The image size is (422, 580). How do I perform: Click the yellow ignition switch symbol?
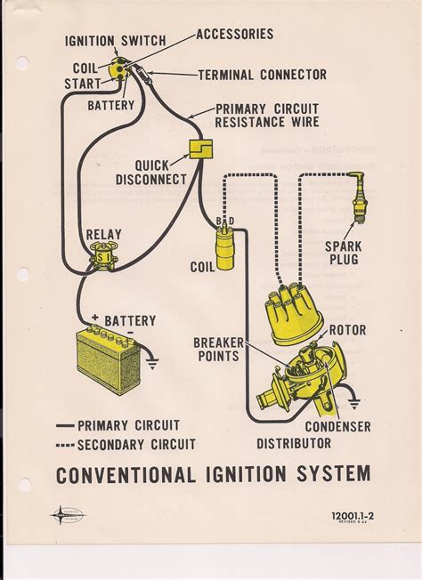click(118, 67)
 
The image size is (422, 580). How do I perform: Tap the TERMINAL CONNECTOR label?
click(262, 75)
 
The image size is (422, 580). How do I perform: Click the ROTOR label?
click(347, 330)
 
